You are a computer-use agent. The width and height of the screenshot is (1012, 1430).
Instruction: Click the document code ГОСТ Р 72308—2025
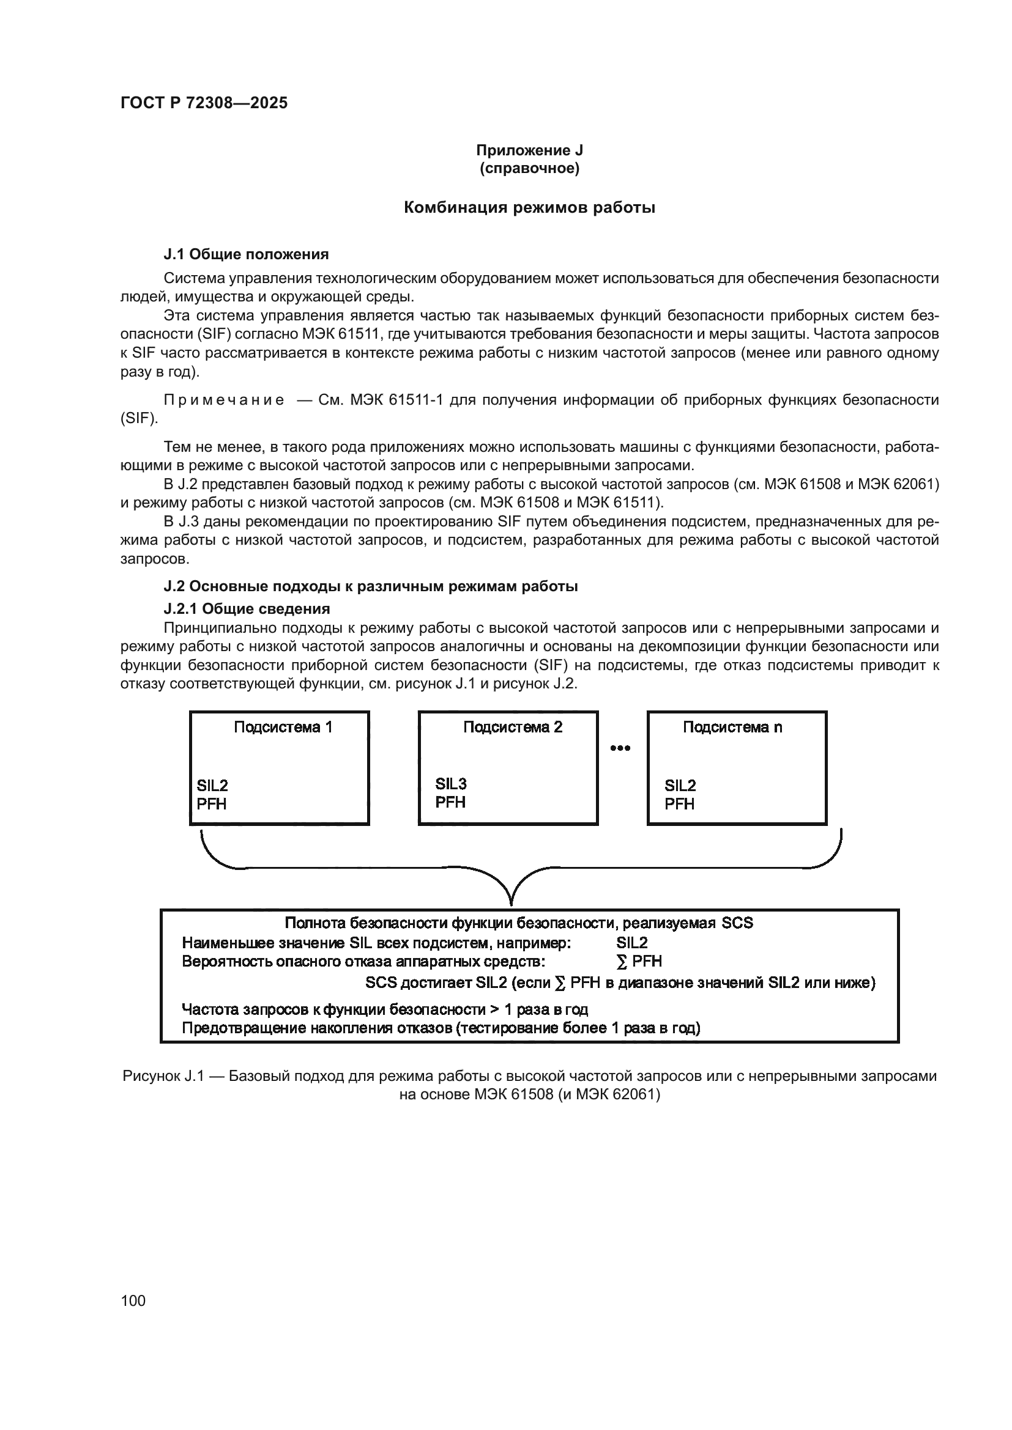(204, 103)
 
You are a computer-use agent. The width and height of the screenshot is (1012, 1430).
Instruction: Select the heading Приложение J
(529, 150)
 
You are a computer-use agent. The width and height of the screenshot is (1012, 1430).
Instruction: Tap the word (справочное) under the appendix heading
(529, 168)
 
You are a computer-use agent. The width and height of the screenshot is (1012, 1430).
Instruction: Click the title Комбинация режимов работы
(529, 207)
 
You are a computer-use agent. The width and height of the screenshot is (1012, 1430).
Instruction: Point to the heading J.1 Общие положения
(246, 254)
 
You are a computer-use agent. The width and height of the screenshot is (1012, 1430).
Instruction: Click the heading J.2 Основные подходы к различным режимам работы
(370, 586)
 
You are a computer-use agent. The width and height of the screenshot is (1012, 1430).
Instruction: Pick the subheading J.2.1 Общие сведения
(246, 608)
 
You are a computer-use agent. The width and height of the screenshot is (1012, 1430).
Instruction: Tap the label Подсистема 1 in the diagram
(283, 727)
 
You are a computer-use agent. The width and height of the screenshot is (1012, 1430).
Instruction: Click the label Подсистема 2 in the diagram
(512, 727)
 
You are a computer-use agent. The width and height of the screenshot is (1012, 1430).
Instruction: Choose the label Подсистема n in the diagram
(732, 727)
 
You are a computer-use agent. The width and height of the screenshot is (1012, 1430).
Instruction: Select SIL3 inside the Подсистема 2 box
(450, 784)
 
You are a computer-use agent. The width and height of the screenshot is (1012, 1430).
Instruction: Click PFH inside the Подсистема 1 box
(211, 804)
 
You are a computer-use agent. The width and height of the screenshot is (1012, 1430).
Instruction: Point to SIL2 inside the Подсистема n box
(680, 786)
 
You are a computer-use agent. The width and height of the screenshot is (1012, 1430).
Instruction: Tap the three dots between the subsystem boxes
(620, 748)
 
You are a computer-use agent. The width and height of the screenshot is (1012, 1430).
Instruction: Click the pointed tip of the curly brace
(511, 903)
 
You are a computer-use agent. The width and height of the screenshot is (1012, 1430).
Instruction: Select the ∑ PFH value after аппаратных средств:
(639, 962)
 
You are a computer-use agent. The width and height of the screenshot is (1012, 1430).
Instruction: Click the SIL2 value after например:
(632, 943)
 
